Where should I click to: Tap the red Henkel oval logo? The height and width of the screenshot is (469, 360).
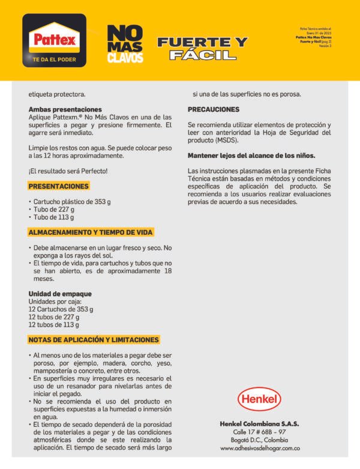click(259, 399)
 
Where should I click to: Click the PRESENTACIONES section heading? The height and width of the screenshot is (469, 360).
click(59, 186)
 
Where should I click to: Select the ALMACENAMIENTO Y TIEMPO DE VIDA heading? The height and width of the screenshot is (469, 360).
click(91, 232)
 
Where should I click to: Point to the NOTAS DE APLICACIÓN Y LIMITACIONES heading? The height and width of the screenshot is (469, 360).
click(94, 339)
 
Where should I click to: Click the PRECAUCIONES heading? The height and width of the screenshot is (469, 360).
click(214, 109)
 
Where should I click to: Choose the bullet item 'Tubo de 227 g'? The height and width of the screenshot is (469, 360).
click(54, 210)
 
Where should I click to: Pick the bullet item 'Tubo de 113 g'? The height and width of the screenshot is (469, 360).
click(54, 217)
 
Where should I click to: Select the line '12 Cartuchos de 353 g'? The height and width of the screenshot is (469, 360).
click(61, 309)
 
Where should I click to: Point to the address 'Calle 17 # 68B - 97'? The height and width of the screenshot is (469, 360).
click(259, 432)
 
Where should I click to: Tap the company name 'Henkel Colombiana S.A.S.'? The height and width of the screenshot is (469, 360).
click(259, 423)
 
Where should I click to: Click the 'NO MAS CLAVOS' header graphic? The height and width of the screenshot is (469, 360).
click(125, 44)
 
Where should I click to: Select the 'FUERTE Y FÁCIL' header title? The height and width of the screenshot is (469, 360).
click(202, 49)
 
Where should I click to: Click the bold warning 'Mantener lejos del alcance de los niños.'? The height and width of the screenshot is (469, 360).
click(251, 156)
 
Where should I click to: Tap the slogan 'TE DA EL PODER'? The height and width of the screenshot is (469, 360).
click(54, 59)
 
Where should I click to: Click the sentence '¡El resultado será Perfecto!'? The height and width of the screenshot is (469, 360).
click(68, 171)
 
